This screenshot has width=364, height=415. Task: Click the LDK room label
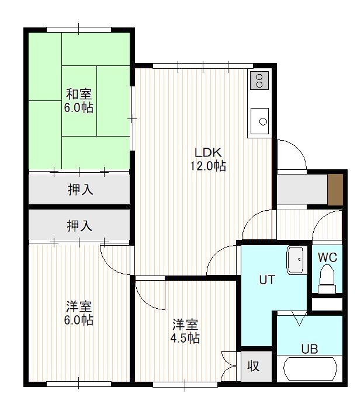point(207,153)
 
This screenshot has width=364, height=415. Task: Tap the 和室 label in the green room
point(79,95)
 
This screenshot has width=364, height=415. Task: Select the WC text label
point(327,257)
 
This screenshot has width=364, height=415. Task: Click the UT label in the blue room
point(267,280)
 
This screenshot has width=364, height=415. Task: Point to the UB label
point(309,349)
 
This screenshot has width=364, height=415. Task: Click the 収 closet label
point(253,366)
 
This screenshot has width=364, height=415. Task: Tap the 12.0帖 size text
point(208,166)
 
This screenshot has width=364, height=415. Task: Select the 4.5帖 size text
point(185,338)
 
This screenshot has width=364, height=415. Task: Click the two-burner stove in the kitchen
point(259,81)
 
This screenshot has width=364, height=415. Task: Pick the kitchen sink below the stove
point(259,121)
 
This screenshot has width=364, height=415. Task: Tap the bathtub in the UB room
point(310,369)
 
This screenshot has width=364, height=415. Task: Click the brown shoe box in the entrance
point(335,189)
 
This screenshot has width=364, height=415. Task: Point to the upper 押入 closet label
point(81,190)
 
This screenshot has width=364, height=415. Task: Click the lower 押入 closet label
point(79,226)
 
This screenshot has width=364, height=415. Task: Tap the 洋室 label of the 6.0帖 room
point(79,307)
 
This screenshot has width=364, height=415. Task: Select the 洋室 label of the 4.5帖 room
point(185,325)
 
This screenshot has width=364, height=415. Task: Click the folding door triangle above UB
point(299,318)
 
